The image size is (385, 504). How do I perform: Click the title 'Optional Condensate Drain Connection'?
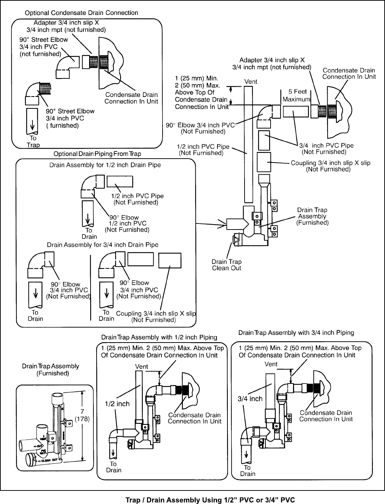pyautogui.click(x=81, y=13)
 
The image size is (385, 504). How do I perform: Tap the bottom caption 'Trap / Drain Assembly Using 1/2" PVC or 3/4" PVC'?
pyautogui.click(x=210, y=500)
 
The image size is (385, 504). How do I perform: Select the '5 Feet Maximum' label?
pyautogui.click(x=296, y=96)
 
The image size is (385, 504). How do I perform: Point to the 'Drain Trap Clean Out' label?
pyautogui.click(x=227, y=265)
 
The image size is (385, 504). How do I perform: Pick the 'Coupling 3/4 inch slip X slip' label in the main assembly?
pyautogui.click(x=330, y=166)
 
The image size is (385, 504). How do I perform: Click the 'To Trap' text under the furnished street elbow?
pyautogui.click(x=33, y=142)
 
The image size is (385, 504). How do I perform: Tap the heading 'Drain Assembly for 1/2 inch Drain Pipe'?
pyautogui.click(x=105, y=165)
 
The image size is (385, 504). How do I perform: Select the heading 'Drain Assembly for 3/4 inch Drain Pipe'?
pyautogui.click(x=103, y=245)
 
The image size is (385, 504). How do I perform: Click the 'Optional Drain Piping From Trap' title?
pyautogui.click(x=97, y=154)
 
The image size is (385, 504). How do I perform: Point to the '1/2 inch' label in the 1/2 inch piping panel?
pyautogui.click(x=117, y=404)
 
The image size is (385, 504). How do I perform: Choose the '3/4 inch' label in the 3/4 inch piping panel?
pyautogui.click(x=250, y=399)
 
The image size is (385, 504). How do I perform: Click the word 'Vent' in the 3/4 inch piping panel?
pyautogui.click(x=271, y=364)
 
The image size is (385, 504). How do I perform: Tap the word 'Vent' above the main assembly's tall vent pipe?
pyautogui.click(x=251, y=82)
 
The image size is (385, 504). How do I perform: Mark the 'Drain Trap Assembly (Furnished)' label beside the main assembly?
pyautogui.click(x=313, y=216)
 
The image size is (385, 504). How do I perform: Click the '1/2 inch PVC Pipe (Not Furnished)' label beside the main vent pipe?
pyautogui.click(x=204, y=150)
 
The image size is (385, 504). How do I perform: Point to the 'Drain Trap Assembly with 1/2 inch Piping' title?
pyautogui.click(x=159, y=337)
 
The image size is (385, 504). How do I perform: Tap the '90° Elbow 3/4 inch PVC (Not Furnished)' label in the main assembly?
pyautogui.click(x=200, y=128)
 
